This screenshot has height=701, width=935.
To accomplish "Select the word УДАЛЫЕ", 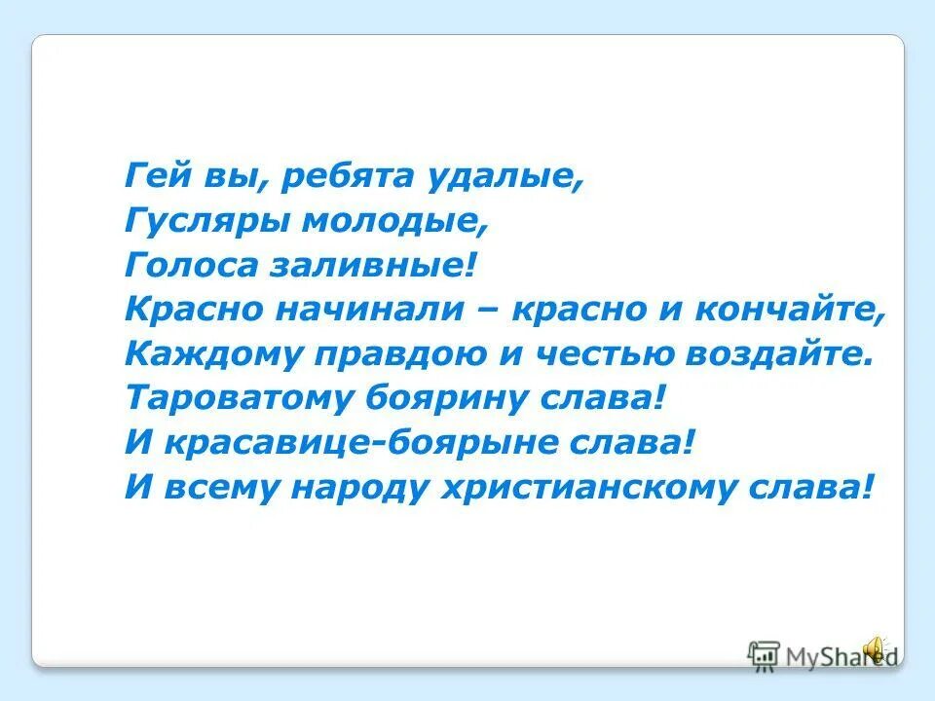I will (x=503, y=178).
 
